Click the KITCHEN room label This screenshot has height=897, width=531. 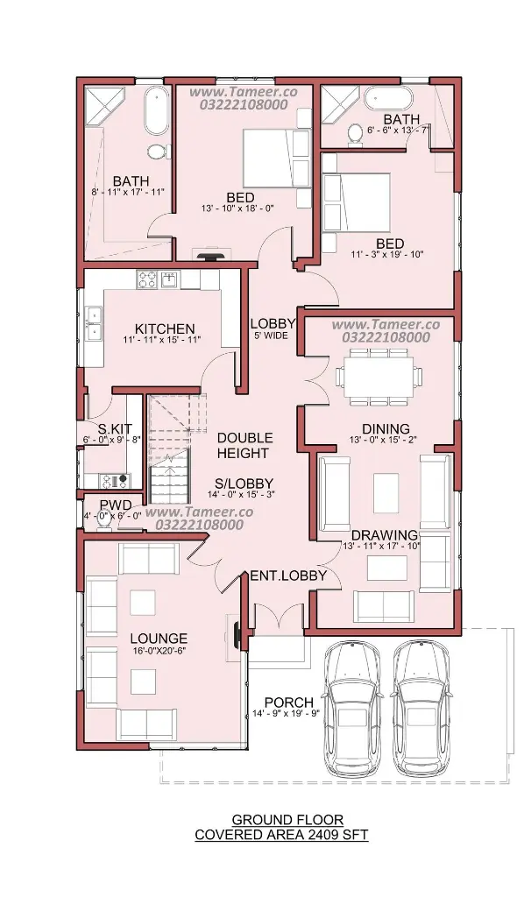(165, 329)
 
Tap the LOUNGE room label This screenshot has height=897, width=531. (159, 639)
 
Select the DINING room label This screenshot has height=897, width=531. (386, 428)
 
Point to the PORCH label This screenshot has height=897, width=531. (289, 702)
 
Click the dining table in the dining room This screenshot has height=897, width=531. (379, 377)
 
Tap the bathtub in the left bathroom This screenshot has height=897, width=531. (156, 110)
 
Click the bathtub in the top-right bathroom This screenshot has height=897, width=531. (388, 98)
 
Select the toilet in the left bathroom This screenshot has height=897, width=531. (157, 152)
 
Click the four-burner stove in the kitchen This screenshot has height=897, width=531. (146, 279)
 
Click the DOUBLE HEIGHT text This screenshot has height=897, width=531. (244, 446)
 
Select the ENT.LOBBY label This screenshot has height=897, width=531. (288, 576)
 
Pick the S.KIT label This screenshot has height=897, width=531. (115, 428)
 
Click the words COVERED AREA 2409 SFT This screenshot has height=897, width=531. (281, 835)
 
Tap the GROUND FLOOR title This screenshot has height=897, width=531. (287, 820)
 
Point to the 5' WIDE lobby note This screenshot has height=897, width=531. (272, 335)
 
